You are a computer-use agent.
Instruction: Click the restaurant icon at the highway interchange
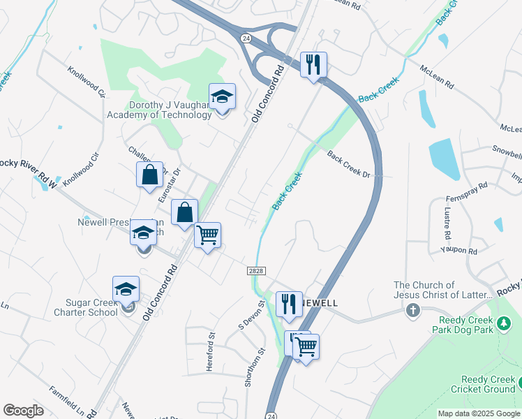(x=312, y=65)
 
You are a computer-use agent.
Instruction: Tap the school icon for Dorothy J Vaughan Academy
(x=222, y=96)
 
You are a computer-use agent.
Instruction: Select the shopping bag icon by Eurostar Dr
(x=150, y=175)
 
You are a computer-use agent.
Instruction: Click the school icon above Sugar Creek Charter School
(x=126, y=289)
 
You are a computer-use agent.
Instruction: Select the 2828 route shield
(x=255, y=270)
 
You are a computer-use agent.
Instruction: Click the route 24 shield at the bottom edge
(x=271, y=414)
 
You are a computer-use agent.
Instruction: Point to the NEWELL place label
(x=320, y=304)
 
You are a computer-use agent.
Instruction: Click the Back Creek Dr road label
(x=348, y=164)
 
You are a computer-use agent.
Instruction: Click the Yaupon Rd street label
(x=458, y=250)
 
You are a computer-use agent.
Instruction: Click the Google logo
(x=24, y=411)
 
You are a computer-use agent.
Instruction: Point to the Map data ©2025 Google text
(x=479, y=413)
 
